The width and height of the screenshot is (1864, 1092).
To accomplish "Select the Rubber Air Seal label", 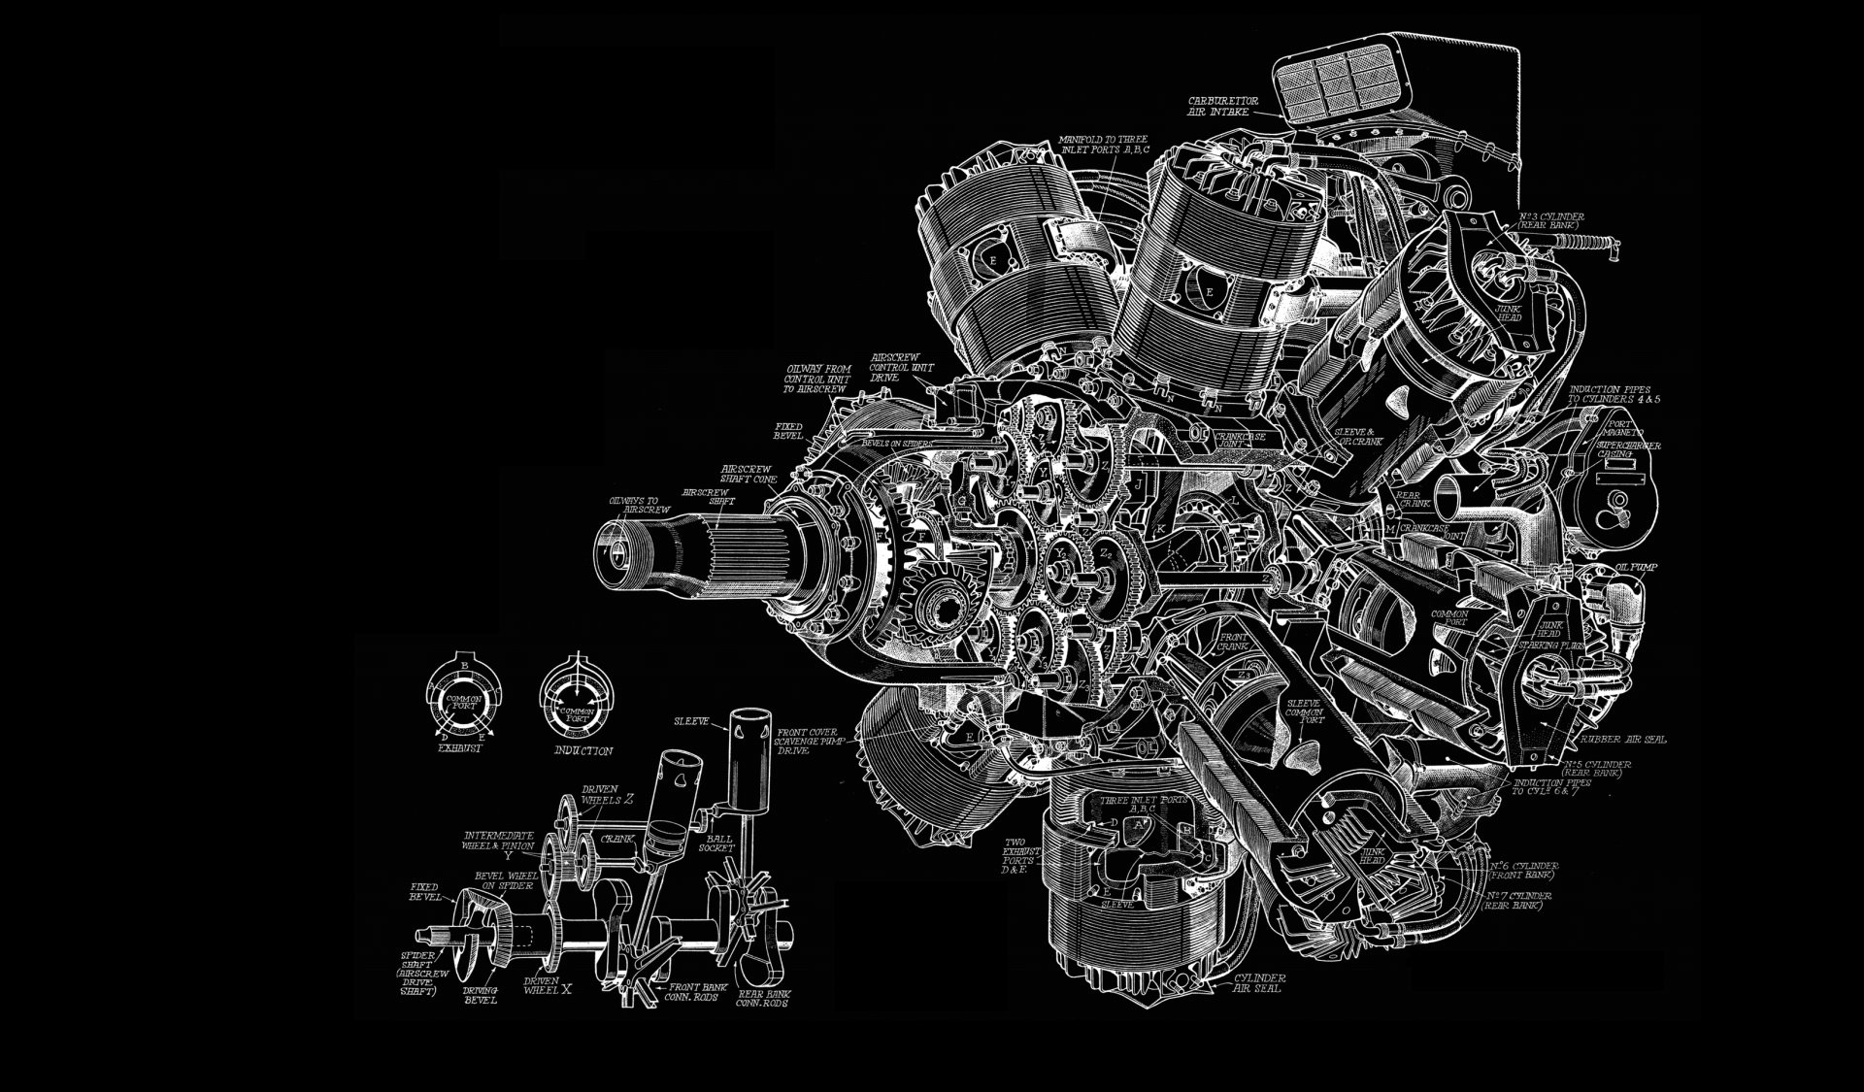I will [1622, 740].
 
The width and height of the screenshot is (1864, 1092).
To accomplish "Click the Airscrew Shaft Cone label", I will [748, 473].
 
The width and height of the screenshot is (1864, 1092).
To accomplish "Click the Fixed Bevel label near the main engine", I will [787, 431].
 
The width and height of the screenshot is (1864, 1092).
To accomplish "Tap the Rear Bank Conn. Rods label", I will [762, 999].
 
